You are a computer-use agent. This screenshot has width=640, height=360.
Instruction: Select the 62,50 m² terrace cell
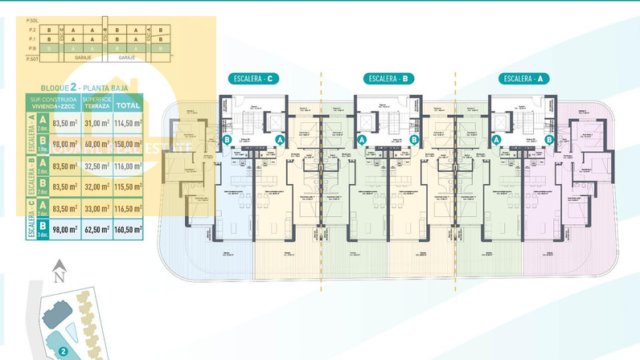[x=96, y=229]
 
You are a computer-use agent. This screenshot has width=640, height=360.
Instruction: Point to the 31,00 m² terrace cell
[x=96, y=123]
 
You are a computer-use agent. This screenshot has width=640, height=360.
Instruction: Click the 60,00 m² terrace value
[x=96, y=145]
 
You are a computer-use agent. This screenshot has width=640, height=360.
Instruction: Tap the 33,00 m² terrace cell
[x=96, y=207]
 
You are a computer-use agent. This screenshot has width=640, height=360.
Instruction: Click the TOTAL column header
[x=127, y=104]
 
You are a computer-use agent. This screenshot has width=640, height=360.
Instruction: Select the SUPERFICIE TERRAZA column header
[x=96, y=104]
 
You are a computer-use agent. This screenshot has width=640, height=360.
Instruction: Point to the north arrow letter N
[x=57, y=278]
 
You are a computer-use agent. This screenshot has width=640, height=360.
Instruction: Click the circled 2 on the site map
[x=62, y=351]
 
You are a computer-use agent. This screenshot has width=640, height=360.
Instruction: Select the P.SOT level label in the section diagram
[x=32, y=59]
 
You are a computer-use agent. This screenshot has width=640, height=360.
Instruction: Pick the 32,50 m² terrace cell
[x=96, y=166]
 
